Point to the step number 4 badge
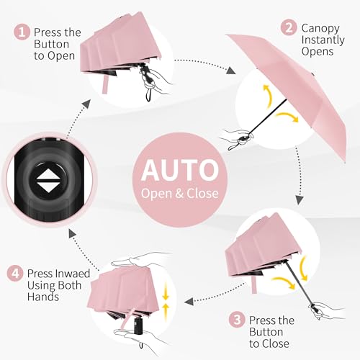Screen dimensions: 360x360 pos(15,274)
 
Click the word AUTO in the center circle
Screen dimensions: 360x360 pos(179,170)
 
